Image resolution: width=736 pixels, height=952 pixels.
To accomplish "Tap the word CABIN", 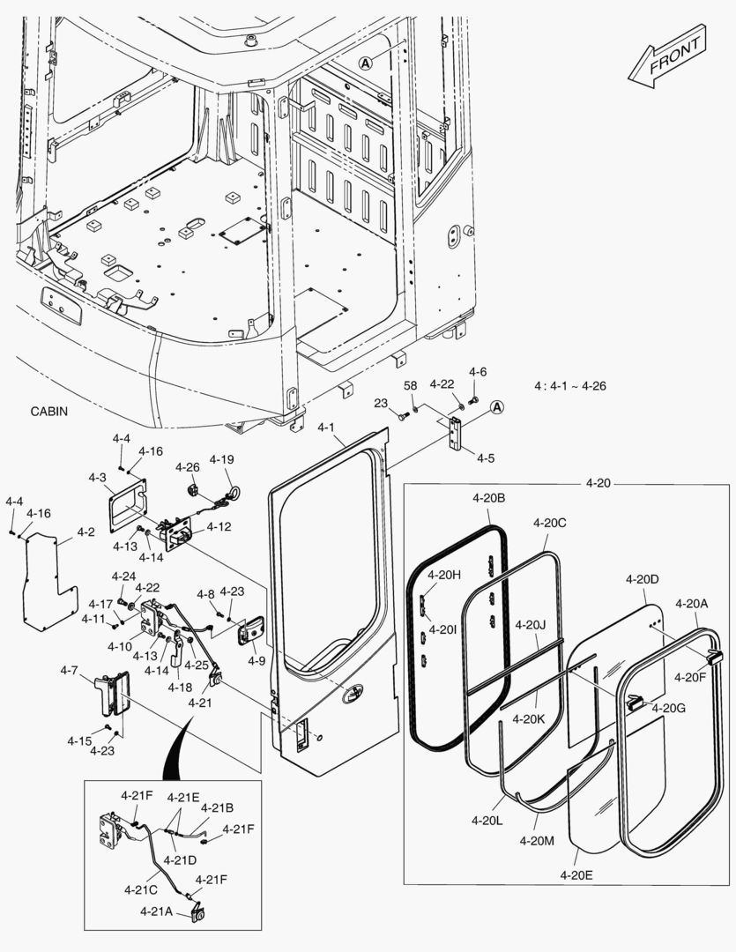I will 48,412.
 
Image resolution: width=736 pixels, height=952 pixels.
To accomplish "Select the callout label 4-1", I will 326,428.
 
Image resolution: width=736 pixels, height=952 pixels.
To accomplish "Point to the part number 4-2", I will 85,532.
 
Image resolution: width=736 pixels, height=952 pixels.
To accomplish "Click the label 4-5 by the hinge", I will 486,457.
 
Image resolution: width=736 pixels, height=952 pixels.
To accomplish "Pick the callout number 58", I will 411,385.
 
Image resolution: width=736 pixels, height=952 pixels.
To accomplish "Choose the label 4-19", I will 221,459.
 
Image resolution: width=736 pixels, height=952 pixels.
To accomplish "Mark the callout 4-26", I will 187,466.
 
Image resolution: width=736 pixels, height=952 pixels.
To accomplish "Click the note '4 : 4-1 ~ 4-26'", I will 569,386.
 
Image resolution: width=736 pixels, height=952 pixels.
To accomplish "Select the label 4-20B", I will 488,497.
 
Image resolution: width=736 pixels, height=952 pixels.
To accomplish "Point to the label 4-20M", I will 537,841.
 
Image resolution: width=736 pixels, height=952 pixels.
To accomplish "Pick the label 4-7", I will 70,670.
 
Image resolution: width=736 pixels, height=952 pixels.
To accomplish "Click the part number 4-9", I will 256,659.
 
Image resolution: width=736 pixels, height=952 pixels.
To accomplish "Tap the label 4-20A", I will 692,603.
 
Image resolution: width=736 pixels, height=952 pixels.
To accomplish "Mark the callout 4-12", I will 219,527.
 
